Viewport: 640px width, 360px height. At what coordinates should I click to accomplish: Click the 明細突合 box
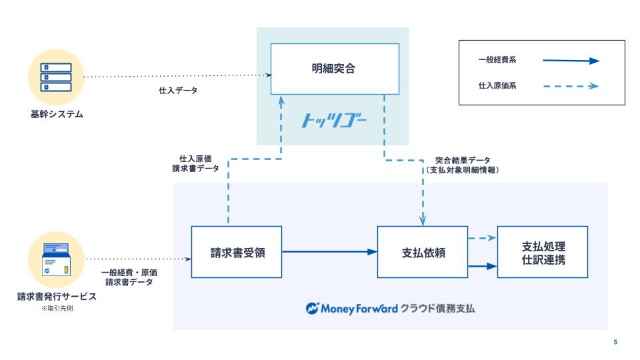pyautogui.click(x=334, y=68)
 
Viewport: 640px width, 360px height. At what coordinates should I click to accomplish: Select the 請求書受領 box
pyautogui.click(x=237, y=252)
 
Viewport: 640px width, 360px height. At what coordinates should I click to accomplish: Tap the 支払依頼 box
pyautogui.click(x=423, y=252)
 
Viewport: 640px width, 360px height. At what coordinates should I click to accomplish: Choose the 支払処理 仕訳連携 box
pyautogui.click(x=544, y=251)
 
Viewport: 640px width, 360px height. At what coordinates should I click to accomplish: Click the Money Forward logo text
pyautogui.click(x=353, y=309)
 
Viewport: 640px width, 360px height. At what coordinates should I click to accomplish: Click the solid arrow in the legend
pyautogui.click(x=571, y=61)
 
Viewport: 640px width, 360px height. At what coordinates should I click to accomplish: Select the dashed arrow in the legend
pyautogui.click(x=571, y=86)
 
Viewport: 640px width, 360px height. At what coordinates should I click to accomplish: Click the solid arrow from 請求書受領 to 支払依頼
pyautogui.click(x=329, y=251)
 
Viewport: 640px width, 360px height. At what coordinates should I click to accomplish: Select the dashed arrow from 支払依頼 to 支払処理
pyautogui.click(x=482, y=238)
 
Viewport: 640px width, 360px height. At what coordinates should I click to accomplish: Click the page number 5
pyautogui.click(x=615, y=342)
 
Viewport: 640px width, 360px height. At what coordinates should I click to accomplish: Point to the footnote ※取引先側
pyautogui.click(x=56, y=308)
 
